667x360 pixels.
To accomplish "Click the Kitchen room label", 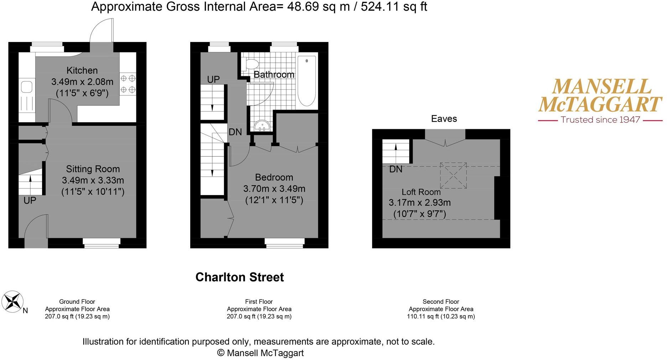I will pos(82,71).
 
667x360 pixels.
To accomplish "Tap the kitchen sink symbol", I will pos(27,87).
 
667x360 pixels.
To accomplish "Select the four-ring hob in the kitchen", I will pos(128,84).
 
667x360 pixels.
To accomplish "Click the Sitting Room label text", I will pos(93,169).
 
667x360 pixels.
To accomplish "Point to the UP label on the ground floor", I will pos(30,200).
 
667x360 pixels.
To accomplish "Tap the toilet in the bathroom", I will pos(251,64).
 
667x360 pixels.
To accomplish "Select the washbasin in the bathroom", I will pos(262,126).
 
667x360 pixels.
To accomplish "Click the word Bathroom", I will pos(274,75).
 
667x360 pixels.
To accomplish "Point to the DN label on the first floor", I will pos(235,132).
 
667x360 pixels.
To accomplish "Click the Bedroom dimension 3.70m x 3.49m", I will pos(274,189).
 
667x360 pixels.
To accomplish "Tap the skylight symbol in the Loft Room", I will pos(453,175).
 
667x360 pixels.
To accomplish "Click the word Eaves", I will pos(444,119).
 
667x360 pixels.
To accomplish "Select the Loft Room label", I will pos(421,192).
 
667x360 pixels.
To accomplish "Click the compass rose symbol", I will pos(12,302).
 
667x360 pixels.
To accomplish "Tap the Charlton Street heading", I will pos(239,277).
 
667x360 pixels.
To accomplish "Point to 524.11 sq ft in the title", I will pos(394,7).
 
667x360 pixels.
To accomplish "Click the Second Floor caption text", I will pos(441,302).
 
